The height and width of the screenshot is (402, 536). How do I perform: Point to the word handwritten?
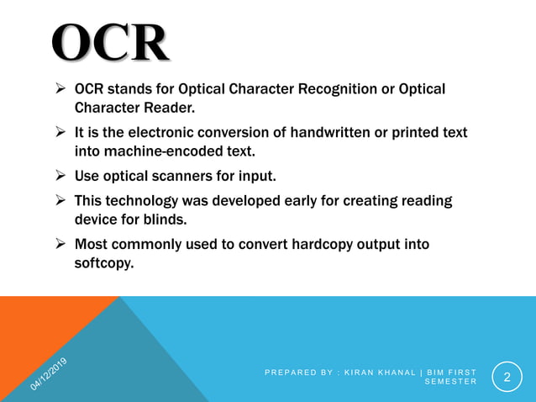pos(324,133)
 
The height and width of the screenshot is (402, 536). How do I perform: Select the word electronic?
pos(159,133)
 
